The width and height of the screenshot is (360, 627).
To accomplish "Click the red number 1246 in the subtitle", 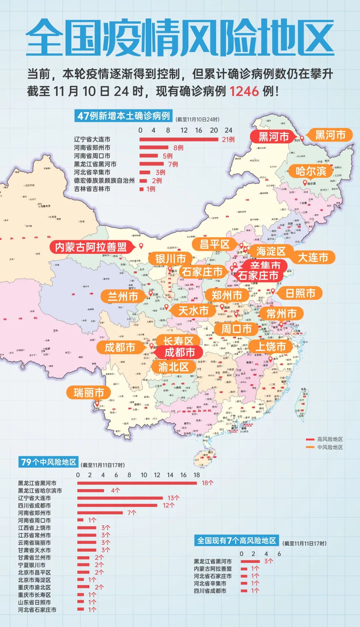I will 244,91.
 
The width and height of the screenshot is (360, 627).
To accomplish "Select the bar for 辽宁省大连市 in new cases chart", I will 179,139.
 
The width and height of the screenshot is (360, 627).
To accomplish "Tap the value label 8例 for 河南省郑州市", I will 178,148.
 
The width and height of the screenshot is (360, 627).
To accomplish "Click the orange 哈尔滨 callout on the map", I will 311,171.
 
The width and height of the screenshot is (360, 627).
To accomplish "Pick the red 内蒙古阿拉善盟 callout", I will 91,247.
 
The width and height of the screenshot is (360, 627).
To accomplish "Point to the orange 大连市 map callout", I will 313,257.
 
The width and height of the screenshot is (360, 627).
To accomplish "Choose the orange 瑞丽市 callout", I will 89,392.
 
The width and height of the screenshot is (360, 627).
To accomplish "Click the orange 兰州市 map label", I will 123,296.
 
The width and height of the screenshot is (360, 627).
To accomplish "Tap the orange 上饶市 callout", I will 271,346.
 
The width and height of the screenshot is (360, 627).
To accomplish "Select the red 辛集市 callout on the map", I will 265,265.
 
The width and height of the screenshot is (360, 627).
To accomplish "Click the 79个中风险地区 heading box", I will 49,462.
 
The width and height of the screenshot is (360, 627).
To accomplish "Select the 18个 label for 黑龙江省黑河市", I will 207,483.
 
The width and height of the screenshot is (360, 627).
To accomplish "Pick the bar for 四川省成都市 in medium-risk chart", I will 117,505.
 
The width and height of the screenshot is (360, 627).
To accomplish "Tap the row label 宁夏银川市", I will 32,565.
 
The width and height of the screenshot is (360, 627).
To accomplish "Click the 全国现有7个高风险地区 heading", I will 236,540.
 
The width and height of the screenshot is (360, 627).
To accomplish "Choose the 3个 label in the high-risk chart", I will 268,561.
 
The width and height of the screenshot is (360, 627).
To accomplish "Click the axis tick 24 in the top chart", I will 228,130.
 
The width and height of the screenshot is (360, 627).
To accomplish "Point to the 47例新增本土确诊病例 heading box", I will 124,116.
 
